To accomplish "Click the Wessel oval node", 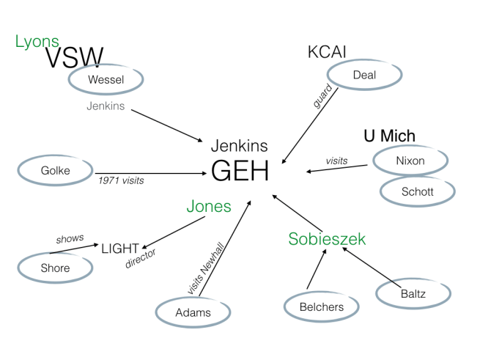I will point(106,79).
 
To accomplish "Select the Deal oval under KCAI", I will point(364,74).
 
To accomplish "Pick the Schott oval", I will point(418,191).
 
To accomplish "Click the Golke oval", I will point(56,172).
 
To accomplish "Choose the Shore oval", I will point(56,268).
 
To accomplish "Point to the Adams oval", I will point(193,312).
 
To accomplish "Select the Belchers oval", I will point(322,307).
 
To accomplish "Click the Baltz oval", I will point(413,294).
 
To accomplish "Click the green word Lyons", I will point(37,42).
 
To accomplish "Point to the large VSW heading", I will point(74,58).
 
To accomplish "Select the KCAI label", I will point(327,52).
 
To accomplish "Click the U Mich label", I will point(389,136).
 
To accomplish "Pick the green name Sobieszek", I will point(327,239).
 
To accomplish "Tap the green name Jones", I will point(208,207).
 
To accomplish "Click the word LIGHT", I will point(120,249).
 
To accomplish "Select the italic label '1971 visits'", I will point(122,178).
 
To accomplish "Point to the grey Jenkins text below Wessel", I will point(106,106).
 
